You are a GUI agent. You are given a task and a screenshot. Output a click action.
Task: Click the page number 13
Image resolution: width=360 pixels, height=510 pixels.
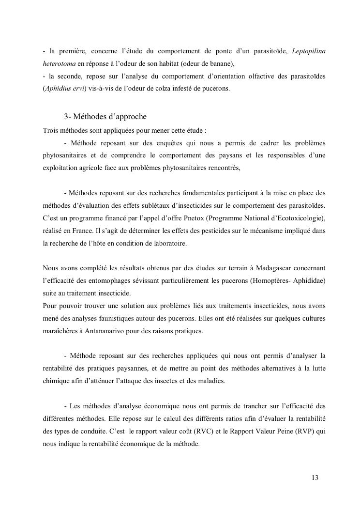coord(315,478)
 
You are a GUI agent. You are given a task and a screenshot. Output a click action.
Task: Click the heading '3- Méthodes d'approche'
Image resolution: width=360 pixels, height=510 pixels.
coord(105,117)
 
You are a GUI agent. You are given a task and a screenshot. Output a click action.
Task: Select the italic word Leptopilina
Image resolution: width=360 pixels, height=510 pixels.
coord(309,51)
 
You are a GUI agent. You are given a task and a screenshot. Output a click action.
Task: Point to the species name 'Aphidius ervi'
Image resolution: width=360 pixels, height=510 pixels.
coord(64,88)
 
